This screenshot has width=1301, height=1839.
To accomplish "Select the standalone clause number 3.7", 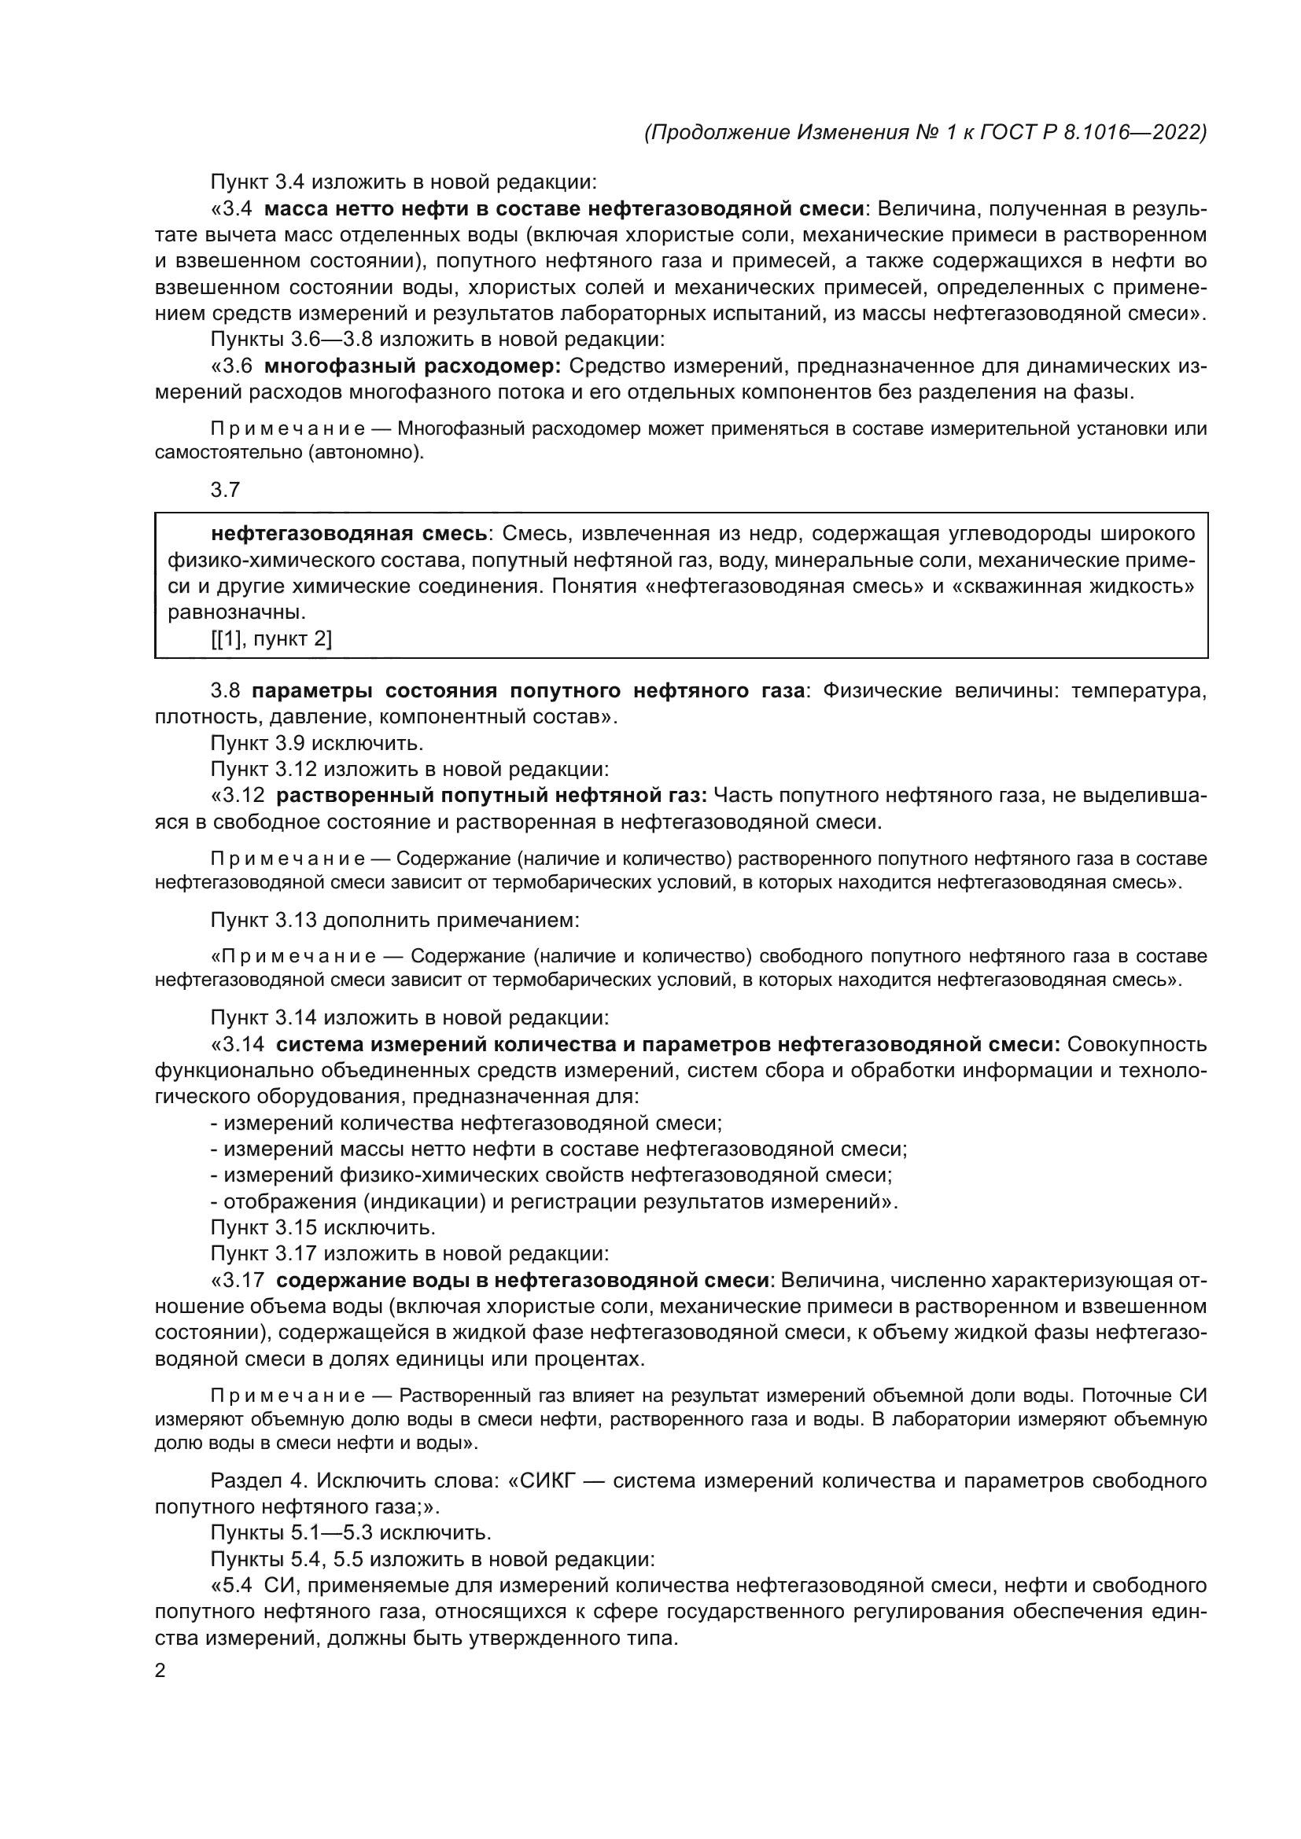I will (x=225, y=489).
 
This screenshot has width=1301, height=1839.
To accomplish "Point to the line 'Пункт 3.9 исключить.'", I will (x=316, y=742).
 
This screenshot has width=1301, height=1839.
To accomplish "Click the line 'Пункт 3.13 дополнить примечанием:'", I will (x=395, y=920).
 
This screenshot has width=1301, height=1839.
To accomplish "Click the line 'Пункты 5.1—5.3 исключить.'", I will (x=351, y=1532).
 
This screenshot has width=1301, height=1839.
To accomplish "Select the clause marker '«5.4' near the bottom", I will (x=232, y=1585).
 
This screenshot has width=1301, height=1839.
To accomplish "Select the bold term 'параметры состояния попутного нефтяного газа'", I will (x=529, y=690).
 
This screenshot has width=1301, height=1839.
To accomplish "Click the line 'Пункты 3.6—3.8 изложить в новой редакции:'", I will (x=437, y=340).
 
